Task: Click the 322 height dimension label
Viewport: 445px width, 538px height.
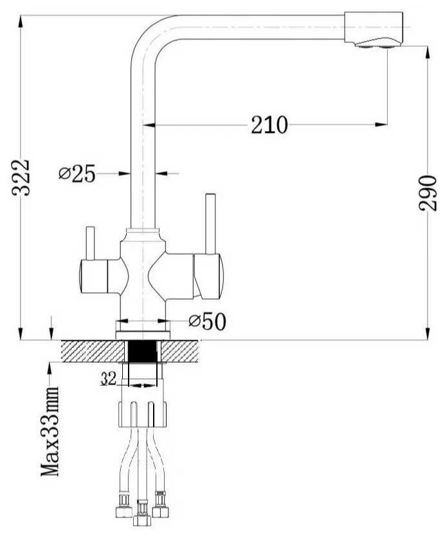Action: pos(21,177)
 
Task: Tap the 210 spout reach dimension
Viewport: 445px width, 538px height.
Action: pos(269,125)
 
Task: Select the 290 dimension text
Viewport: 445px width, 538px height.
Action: pos(428,193)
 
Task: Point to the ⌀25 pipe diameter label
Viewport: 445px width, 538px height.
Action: pos(77,173)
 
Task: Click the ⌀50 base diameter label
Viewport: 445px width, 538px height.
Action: pos(208,322)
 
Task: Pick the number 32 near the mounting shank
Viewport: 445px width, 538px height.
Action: pos(108,379)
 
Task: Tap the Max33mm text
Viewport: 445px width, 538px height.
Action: pos(50,431)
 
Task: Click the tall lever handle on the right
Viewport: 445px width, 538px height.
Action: pos(210,223)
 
